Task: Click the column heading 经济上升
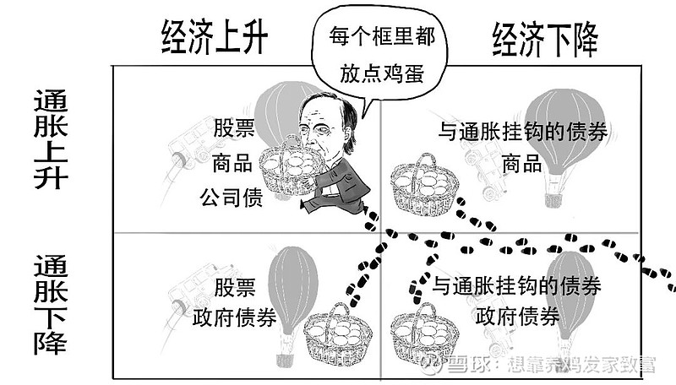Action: tap(215, 37)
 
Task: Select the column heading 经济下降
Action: tap(545, 39)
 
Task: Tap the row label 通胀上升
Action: tap(51, 139)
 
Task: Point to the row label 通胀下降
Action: tap(51, 305)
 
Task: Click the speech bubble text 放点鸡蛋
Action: tap(382, 73)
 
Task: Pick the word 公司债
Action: tap(232, 198)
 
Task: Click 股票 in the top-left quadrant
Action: tap(234, 127)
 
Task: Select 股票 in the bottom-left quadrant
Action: tap(235, 287)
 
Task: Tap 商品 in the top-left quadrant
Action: tap(232, 164)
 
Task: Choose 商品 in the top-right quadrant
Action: tap(522, 164)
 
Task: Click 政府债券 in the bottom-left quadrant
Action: tap(234, 318)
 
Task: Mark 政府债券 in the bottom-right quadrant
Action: tap(517, 316)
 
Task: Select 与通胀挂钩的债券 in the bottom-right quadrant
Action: tap(516, 285)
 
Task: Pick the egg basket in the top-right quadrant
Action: tap(425, 185)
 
